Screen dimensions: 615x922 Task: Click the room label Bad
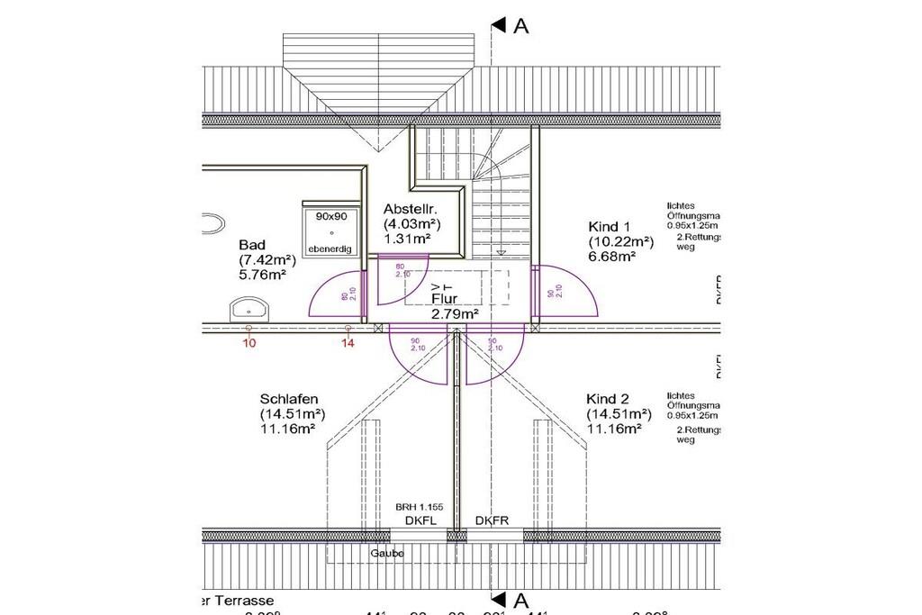[x=252, y=245]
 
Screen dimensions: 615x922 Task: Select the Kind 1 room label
[x=610, y=226]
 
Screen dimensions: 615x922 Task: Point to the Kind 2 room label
[x=608, y=399]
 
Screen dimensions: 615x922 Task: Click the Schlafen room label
[x=289, y=399]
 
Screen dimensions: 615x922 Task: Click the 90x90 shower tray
[x=331, y=232]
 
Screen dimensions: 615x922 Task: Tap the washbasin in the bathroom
[x=249, y=312]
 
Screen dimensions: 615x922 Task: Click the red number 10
[x=249, y=343]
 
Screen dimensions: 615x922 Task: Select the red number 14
[x=348, y=343]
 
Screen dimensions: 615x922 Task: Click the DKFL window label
[x=420, y=520]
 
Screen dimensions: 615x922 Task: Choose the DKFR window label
[x=493, y=520]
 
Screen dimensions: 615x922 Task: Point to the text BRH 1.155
[x=420, y=507]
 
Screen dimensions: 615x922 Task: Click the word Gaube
[x=387, y=553]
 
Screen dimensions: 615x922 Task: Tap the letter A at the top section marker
[x=520, y=26]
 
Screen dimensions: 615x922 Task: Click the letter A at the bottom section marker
[x=520, y=600]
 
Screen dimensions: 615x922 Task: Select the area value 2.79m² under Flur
[x=455, y=314]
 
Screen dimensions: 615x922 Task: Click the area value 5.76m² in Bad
[x=263, y=276]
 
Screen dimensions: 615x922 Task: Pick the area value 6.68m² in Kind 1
[x=612, y=257]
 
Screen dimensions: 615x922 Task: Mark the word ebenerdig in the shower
[x=330, y=249]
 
